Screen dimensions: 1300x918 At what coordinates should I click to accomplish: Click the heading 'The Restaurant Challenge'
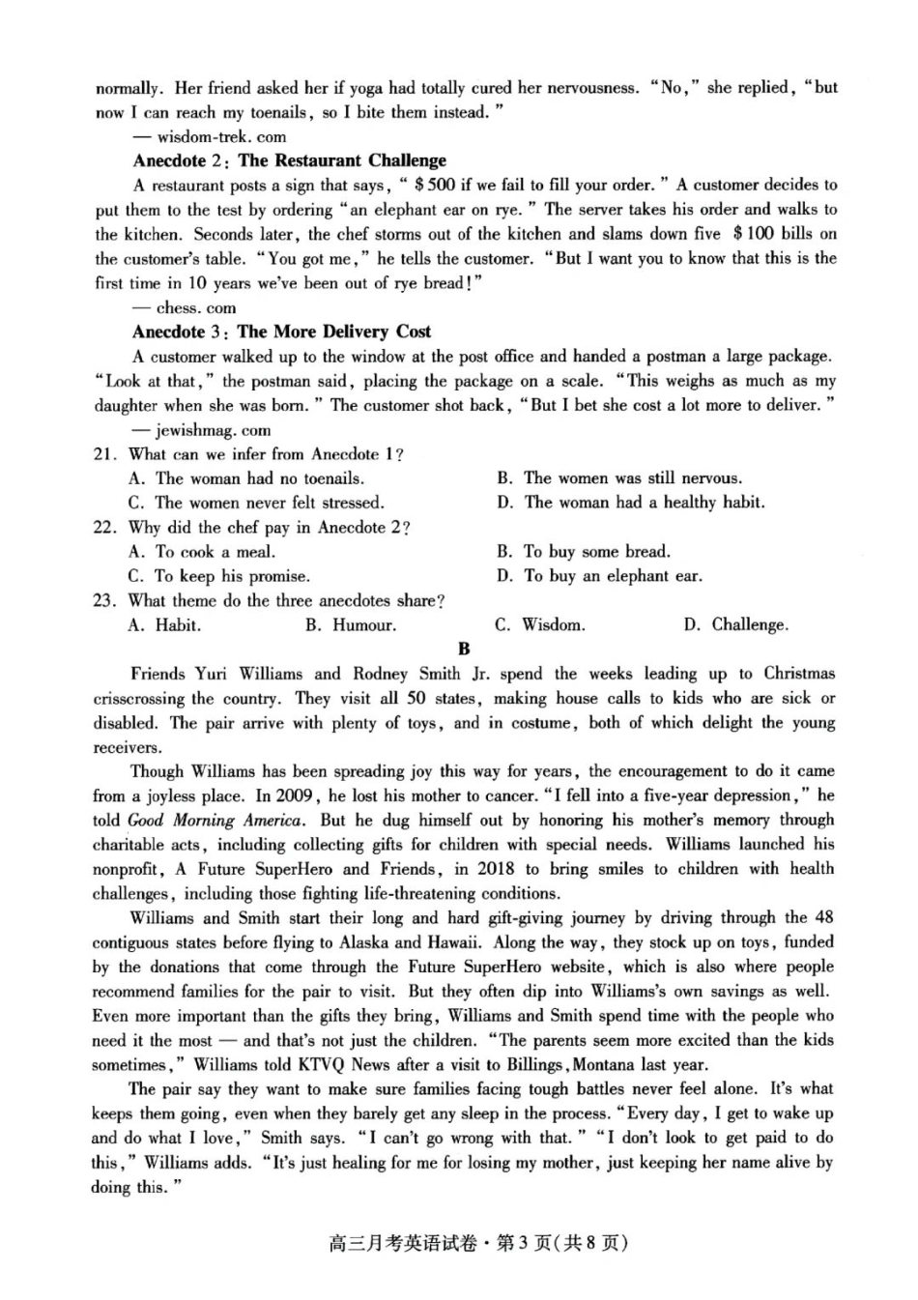tap(342, 160)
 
